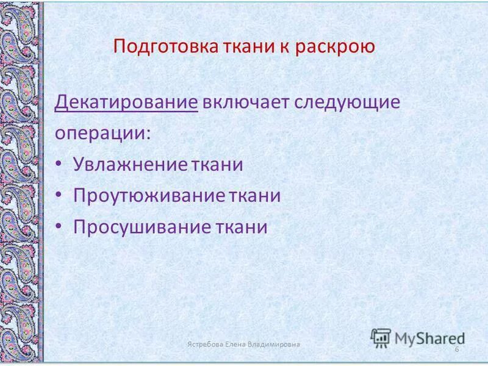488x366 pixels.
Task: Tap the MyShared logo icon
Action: (381, 337)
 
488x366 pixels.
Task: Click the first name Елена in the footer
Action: (237, 345)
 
